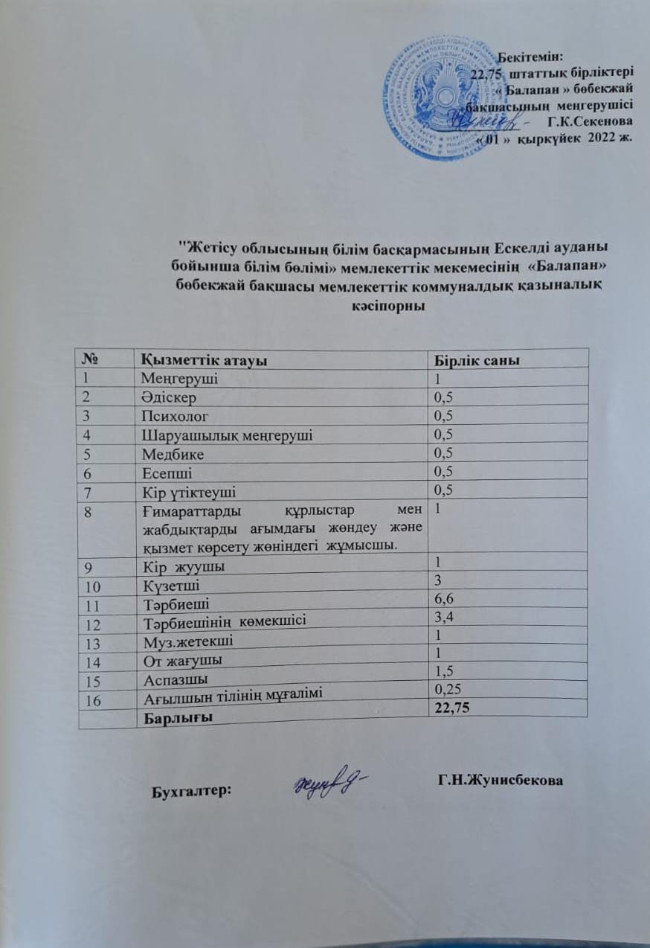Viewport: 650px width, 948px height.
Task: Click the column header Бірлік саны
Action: pyautogui.click(x=476, y=360)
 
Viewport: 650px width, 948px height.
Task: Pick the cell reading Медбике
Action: pyautogui.click(x=170, y=453)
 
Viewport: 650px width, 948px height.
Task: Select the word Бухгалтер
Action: pyautogui.click(x=191, y=792)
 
